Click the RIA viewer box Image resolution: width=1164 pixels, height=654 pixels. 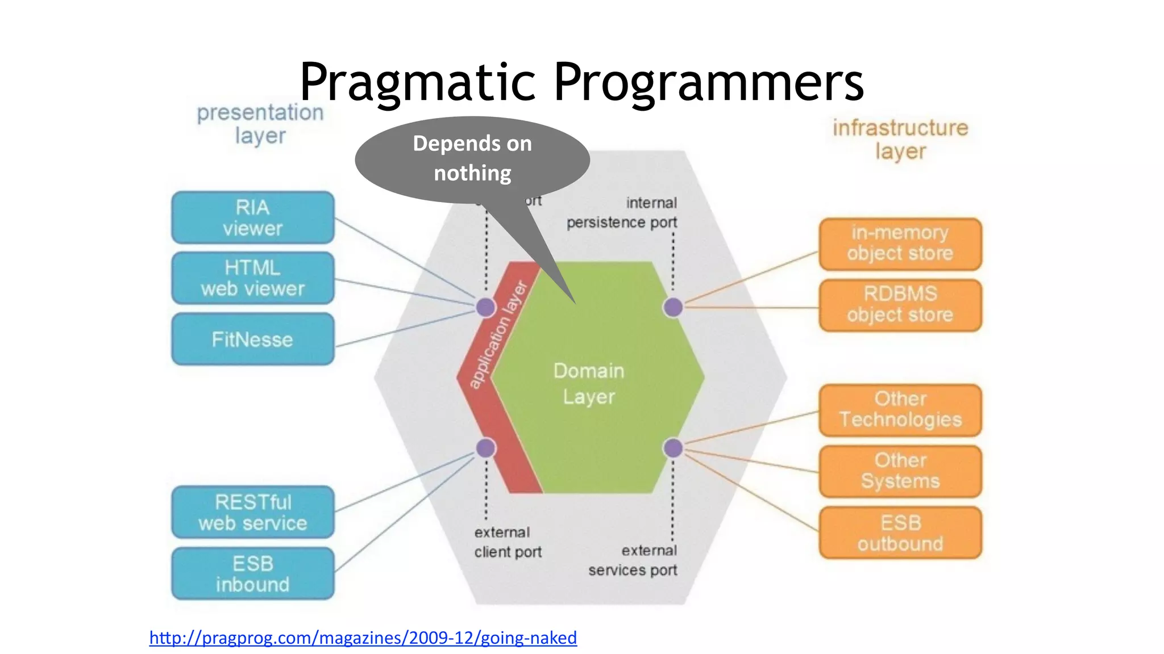click(x=252, y=218)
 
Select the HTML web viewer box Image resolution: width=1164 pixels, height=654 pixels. click(x=252, y=278)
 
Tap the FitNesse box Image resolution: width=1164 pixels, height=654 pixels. click(x=252, y=339)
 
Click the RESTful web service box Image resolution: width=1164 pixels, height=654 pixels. click(x=252, y=512)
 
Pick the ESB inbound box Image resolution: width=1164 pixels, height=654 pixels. click(x=252, y=573)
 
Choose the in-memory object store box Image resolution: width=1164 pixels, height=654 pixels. click(x=900, y=244)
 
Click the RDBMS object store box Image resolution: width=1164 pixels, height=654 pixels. click(x=900, y=305)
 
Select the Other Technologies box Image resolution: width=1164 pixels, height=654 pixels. click(x=900, y=410)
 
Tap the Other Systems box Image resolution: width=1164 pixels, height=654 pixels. click(x=900, y=471)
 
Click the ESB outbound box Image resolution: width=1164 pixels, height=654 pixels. click(x=900, y=533)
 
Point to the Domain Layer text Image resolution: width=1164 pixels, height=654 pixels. click(x=589, y=384)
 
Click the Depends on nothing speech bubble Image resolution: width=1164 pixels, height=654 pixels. click(x=472, y=159)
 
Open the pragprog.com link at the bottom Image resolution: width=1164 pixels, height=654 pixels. click(x=363, y=638)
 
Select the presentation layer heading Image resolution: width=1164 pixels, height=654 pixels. click(x=260, y=124)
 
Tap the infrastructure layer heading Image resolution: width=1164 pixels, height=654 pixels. click(x=900, y=139)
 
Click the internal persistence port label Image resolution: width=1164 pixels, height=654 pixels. click(x=622, y=212)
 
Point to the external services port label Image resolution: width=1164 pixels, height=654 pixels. click(x=633, y=560)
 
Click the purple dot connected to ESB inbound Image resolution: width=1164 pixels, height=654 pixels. click(x=486, y=448)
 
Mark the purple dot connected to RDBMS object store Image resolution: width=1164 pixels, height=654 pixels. click(x=673, y=307)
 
